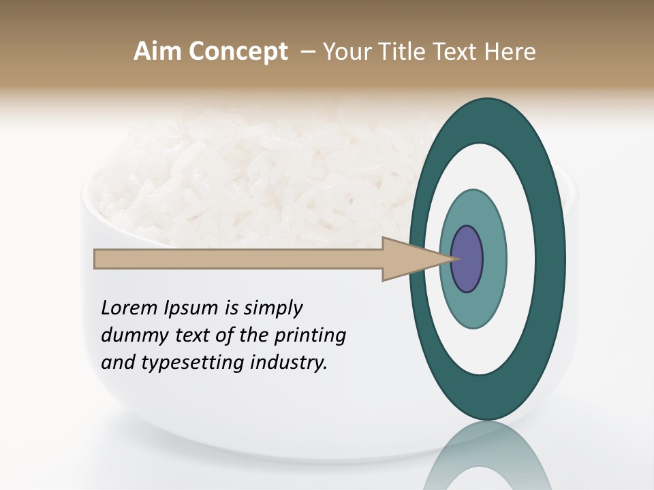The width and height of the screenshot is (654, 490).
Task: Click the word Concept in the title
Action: pyautogui.click(x=238, y=52)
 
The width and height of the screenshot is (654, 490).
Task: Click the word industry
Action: pyautogui.click(x=289, y=363)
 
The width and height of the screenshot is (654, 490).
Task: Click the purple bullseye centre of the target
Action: pyautogui.click(x=467, y=259)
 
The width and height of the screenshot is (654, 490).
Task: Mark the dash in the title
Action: pyautogui.click(x=307, y=52)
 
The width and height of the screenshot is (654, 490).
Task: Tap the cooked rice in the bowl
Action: pyautogui.click(x=259, y=177)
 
